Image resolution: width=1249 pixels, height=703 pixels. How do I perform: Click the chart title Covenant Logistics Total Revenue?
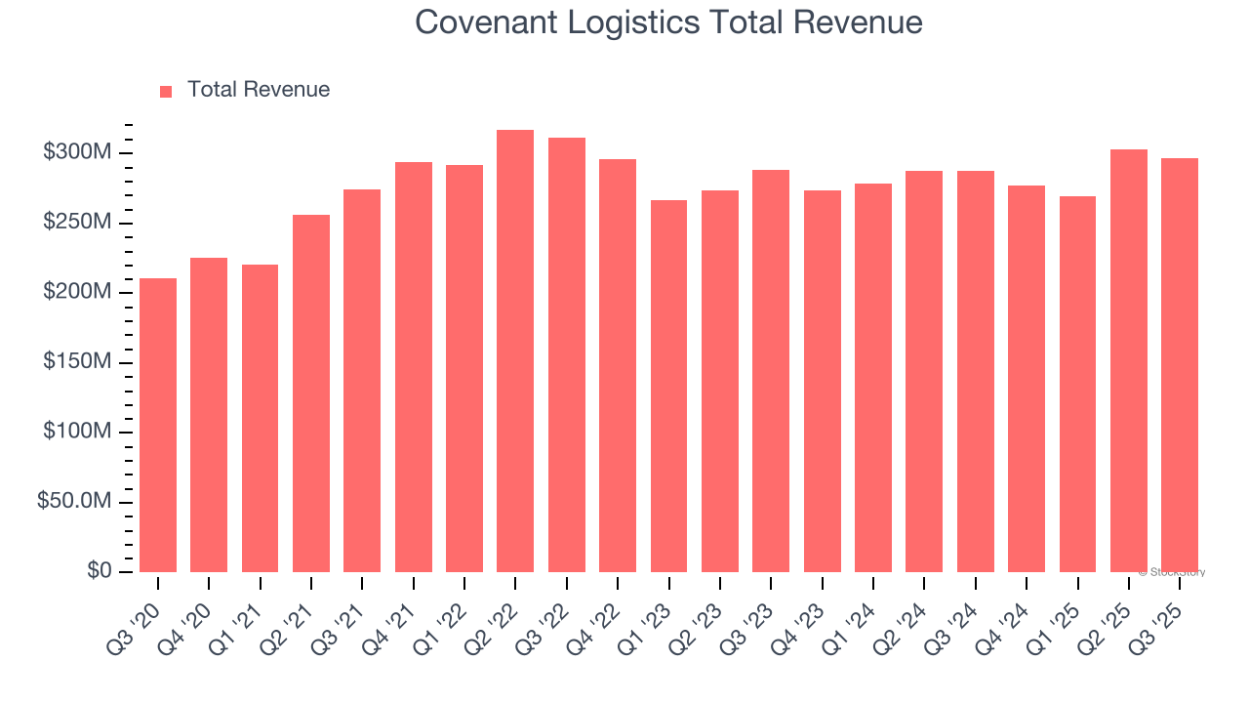point(668,21)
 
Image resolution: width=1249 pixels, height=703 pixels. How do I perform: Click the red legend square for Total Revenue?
point(166,92)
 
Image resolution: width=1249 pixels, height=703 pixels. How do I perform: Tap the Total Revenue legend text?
point(259,90)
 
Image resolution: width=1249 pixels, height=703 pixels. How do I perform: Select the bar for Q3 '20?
point(158,425)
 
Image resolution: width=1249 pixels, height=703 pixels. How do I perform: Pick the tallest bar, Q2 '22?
point(515,351)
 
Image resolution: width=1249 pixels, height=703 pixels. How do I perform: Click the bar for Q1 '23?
point(668,386)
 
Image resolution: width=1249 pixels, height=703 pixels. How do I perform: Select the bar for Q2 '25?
point(1128,361)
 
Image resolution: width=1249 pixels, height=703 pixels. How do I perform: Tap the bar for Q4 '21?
point(414,367)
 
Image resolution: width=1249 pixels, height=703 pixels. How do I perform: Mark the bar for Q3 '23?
point(771,371)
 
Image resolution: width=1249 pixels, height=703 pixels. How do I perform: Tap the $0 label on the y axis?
point(98,571)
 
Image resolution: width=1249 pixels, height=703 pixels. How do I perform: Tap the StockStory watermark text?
point(1172,573)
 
